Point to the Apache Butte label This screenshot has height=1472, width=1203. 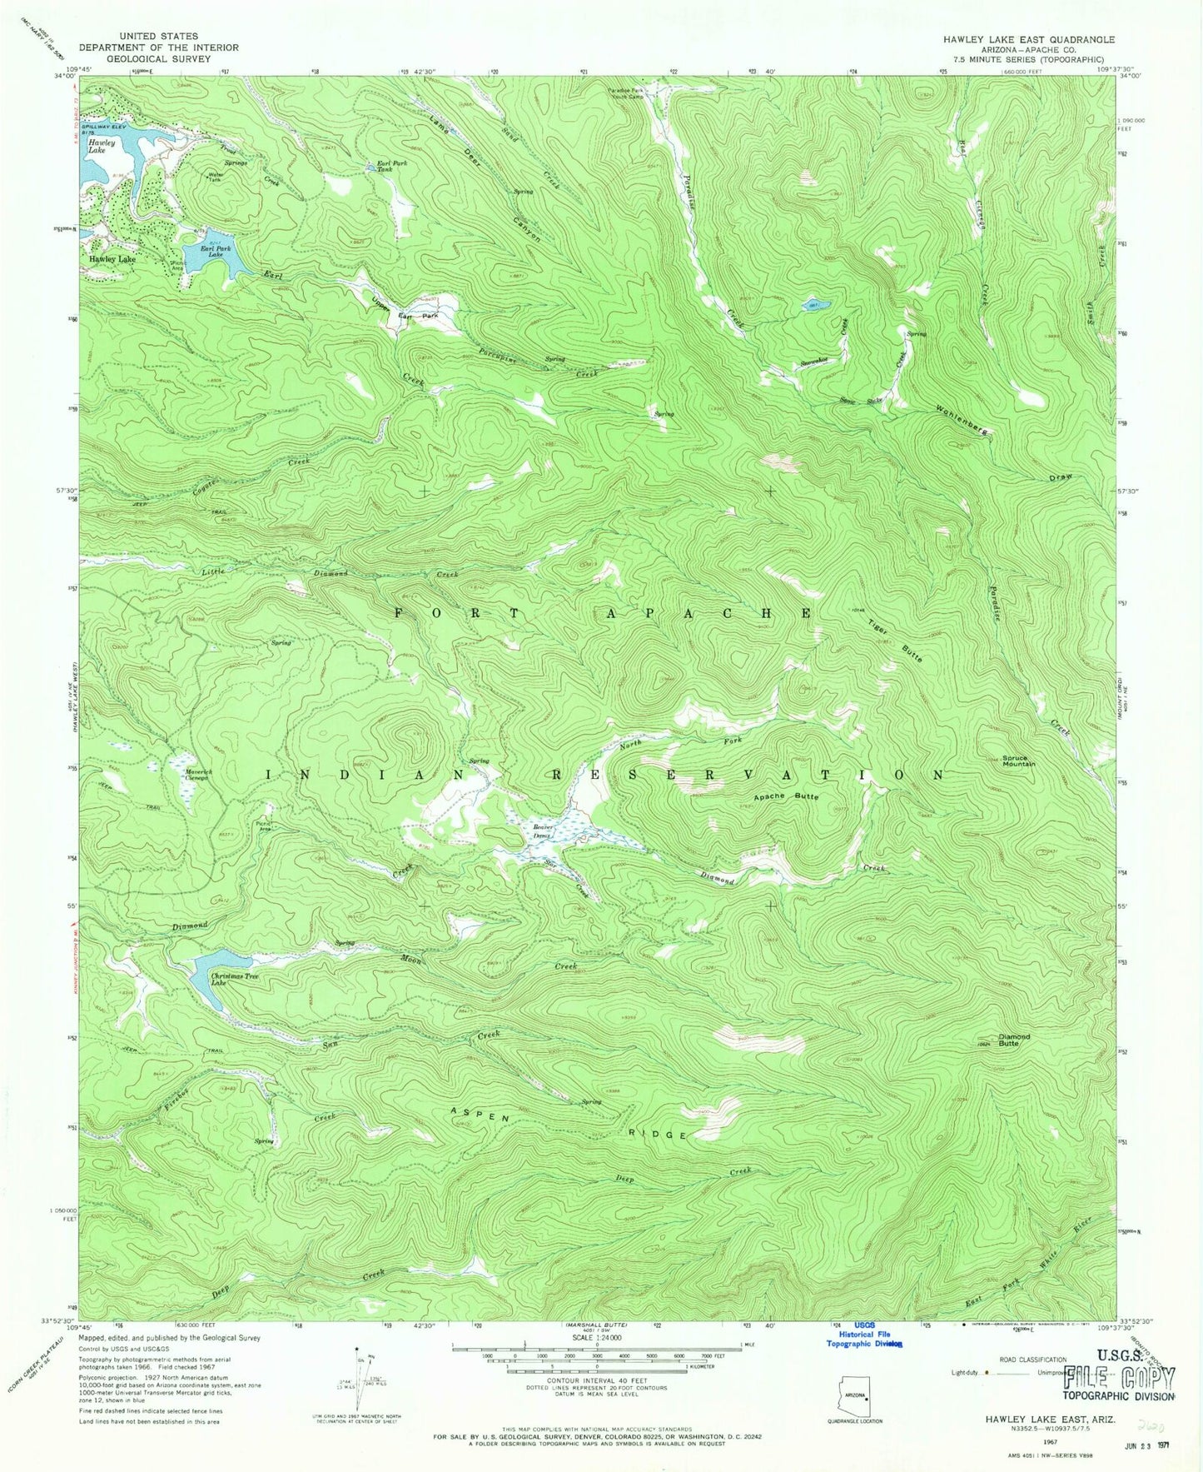click(x=786, y=796)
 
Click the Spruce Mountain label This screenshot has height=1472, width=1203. click(x=1018, y=761)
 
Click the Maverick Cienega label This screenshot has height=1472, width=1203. click(x=198, y=776)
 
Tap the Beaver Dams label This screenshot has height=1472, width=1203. click(x=543, y=831)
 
